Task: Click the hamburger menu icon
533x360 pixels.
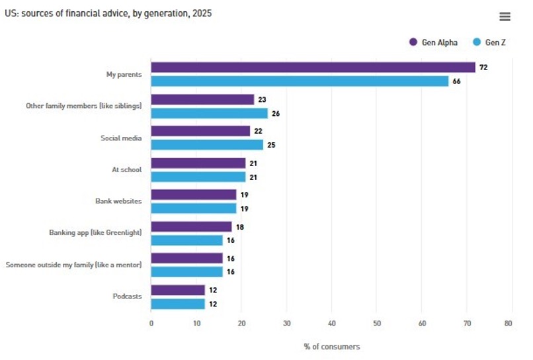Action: (x=505, y=17)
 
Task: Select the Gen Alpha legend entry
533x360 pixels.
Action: (x=434, y=42)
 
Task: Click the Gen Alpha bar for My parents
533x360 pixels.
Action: (x=313, y=67)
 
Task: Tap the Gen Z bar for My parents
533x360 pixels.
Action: (x=300, y=81)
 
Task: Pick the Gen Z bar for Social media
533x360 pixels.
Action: (x=207, y=144)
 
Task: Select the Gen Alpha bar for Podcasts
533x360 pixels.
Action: (x=178, y=290)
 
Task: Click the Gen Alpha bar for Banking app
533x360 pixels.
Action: (x=191, y=226)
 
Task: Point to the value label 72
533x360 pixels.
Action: (x=483, y=67)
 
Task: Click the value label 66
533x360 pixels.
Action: (x=456, y=81)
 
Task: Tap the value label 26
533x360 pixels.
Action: (x=275, y=113)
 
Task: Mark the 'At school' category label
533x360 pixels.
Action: (x=126, y=169)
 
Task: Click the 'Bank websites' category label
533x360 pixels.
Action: (x=118, y=201)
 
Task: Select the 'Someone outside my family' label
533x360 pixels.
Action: (x=73, y=265)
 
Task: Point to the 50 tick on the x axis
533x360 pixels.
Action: (x=376, y=324)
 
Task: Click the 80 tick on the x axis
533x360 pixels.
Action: (x=508, y=324)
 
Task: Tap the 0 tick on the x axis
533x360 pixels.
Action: (x=151, y=324)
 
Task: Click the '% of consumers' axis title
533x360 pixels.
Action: (x=331, y=347)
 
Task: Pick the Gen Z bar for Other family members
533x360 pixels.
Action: (x=209, y=113)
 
